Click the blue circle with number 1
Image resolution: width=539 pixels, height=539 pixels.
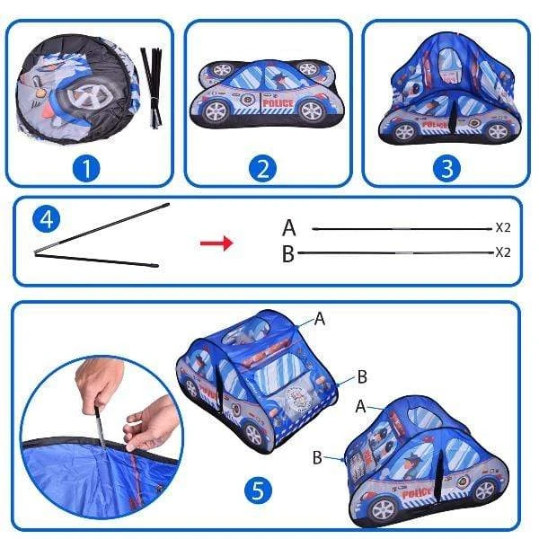coord(86,169)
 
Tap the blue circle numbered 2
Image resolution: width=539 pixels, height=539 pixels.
coord(263,169)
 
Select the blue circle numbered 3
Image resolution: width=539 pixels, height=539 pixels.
coord(446,169)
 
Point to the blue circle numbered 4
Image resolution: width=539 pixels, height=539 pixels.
coord(47,219)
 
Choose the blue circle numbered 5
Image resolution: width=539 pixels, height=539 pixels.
coord(258,490)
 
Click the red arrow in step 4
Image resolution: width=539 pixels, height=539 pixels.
coord(216,243)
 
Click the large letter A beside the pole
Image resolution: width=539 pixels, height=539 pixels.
coord(288,227)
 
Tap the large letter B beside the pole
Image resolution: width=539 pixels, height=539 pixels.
coord(288,253)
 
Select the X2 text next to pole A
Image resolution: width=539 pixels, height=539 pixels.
coord(503,227)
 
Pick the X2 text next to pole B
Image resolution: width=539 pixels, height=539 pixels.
coord(503,252)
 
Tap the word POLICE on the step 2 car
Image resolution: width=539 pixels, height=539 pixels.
coord(278,103)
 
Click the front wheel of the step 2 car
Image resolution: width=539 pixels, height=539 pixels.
coord(312,110)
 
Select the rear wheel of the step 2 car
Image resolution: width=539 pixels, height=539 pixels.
coord(216,111)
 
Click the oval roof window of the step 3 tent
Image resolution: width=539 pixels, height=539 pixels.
coord(448,66)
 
